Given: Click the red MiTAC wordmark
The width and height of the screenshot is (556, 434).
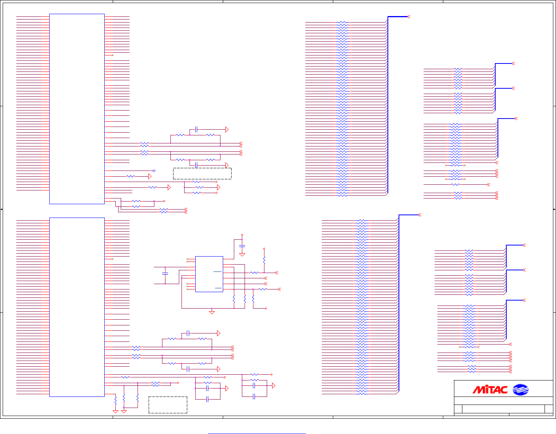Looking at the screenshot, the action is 490,390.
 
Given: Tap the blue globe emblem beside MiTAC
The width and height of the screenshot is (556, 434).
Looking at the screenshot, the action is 520,390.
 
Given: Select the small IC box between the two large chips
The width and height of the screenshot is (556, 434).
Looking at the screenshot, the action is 209,274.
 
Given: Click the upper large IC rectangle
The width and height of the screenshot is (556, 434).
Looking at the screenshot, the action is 77,109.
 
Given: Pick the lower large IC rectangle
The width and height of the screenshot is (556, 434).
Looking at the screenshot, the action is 77,307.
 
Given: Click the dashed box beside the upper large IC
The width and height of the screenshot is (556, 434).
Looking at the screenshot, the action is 202,174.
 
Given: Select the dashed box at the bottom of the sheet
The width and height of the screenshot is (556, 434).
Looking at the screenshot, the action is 168,405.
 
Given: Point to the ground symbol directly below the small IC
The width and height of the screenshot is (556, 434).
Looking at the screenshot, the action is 212,312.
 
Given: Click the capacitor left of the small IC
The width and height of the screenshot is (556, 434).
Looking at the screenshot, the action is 165,273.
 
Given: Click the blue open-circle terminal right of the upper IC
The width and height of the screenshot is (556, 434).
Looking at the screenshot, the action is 154,171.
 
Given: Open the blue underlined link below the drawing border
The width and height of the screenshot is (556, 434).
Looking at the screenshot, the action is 256,434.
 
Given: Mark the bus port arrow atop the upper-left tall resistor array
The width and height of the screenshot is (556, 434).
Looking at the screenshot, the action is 408,17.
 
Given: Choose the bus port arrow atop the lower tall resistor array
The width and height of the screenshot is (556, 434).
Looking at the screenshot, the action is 420,215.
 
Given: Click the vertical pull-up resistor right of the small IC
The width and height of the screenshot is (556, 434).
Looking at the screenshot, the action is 264,260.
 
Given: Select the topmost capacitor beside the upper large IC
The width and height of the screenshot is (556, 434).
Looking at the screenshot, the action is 196,130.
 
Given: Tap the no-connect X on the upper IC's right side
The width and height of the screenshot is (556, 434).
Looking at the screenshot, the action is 112,55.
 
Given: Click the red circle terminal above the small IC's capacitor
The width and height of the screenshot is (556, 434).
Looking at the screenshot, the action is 242,235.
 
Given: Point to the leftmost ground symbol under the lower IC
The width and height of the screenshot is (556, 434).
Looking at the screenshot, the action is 115,411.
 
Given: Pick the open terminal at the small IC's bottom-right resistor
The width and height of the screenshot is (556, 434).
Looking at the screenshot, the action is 266,308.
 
